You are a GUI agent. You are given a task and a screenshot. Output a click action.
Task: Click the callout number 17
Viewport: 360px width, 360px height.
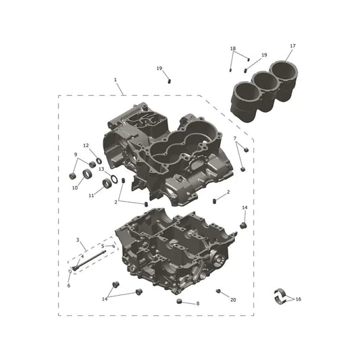click(x=292, y=46)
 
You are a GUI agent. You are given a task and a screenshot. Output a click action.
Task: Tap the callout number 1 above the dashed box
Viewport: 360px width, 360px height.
click(x=115, y=80)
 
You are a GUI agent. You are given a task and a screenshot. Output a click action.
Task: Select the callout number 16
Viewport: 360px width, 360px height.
click(x=299, y=299)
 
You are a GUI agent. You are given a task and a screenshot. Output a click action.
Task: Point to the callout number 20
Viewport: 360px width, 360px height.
click(x=233, y=300)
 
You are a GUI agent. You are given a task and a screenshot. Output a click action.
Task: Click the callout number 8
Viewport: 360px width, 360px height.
click(x=198, y=303)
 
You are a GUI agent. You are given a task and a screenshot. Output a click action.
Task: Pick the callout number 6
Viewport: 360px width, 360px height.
click(x=69, y=286)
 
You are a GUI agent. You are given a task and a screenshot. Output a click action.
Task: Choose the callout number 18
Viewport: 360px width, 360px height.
click(x=233, y=49)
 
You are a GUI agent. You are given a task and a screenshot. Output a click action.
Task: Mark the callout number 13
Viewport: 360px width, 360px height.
click(x=101, y=170)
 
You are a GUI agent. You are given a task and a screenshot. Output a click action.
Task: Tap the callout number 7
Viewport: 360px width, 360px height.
click(x=235, y=138)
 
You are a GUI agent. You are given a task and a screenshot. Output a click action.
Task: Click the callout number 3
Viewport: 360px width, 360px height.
click(x=78, y=240)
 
